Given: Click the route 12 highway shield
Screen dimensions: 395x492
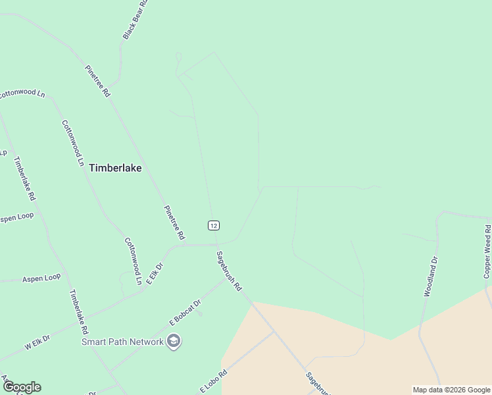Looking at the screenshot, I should tap(213, 225).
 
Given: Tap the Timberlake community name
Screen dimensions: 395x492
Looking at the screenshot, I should tap(115, 168).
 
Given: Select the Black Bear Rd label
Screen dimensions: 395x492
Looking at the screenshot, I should tap(135, 20).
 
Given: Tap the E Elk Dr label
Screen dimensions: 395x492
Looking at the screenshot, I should tap(154, 275).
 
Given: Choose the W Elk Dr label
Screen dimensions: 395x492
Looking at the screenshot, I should tap(37, 344).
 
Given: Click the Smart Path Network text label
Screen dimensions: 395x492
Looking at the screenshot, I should tap(122, 342).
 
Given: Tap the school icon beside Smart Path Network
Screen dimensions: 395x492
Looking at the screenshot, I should tap(174, 341).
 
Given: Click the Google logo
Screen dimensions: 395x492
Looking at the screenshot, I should tap(22, 387).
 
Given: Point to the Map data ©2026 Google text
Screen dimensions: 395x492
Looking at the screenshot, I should tap(451, 390).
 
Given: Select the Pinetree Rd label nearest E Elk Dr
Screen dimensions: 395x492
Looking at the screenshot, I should tap(174, 223).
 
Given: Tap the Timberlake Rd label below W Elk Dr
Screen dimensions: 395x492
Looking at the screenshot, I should tap(78, 311).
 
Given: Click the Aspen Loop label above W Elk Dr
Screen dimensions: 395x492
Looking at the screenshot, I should tap(41, 278).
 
